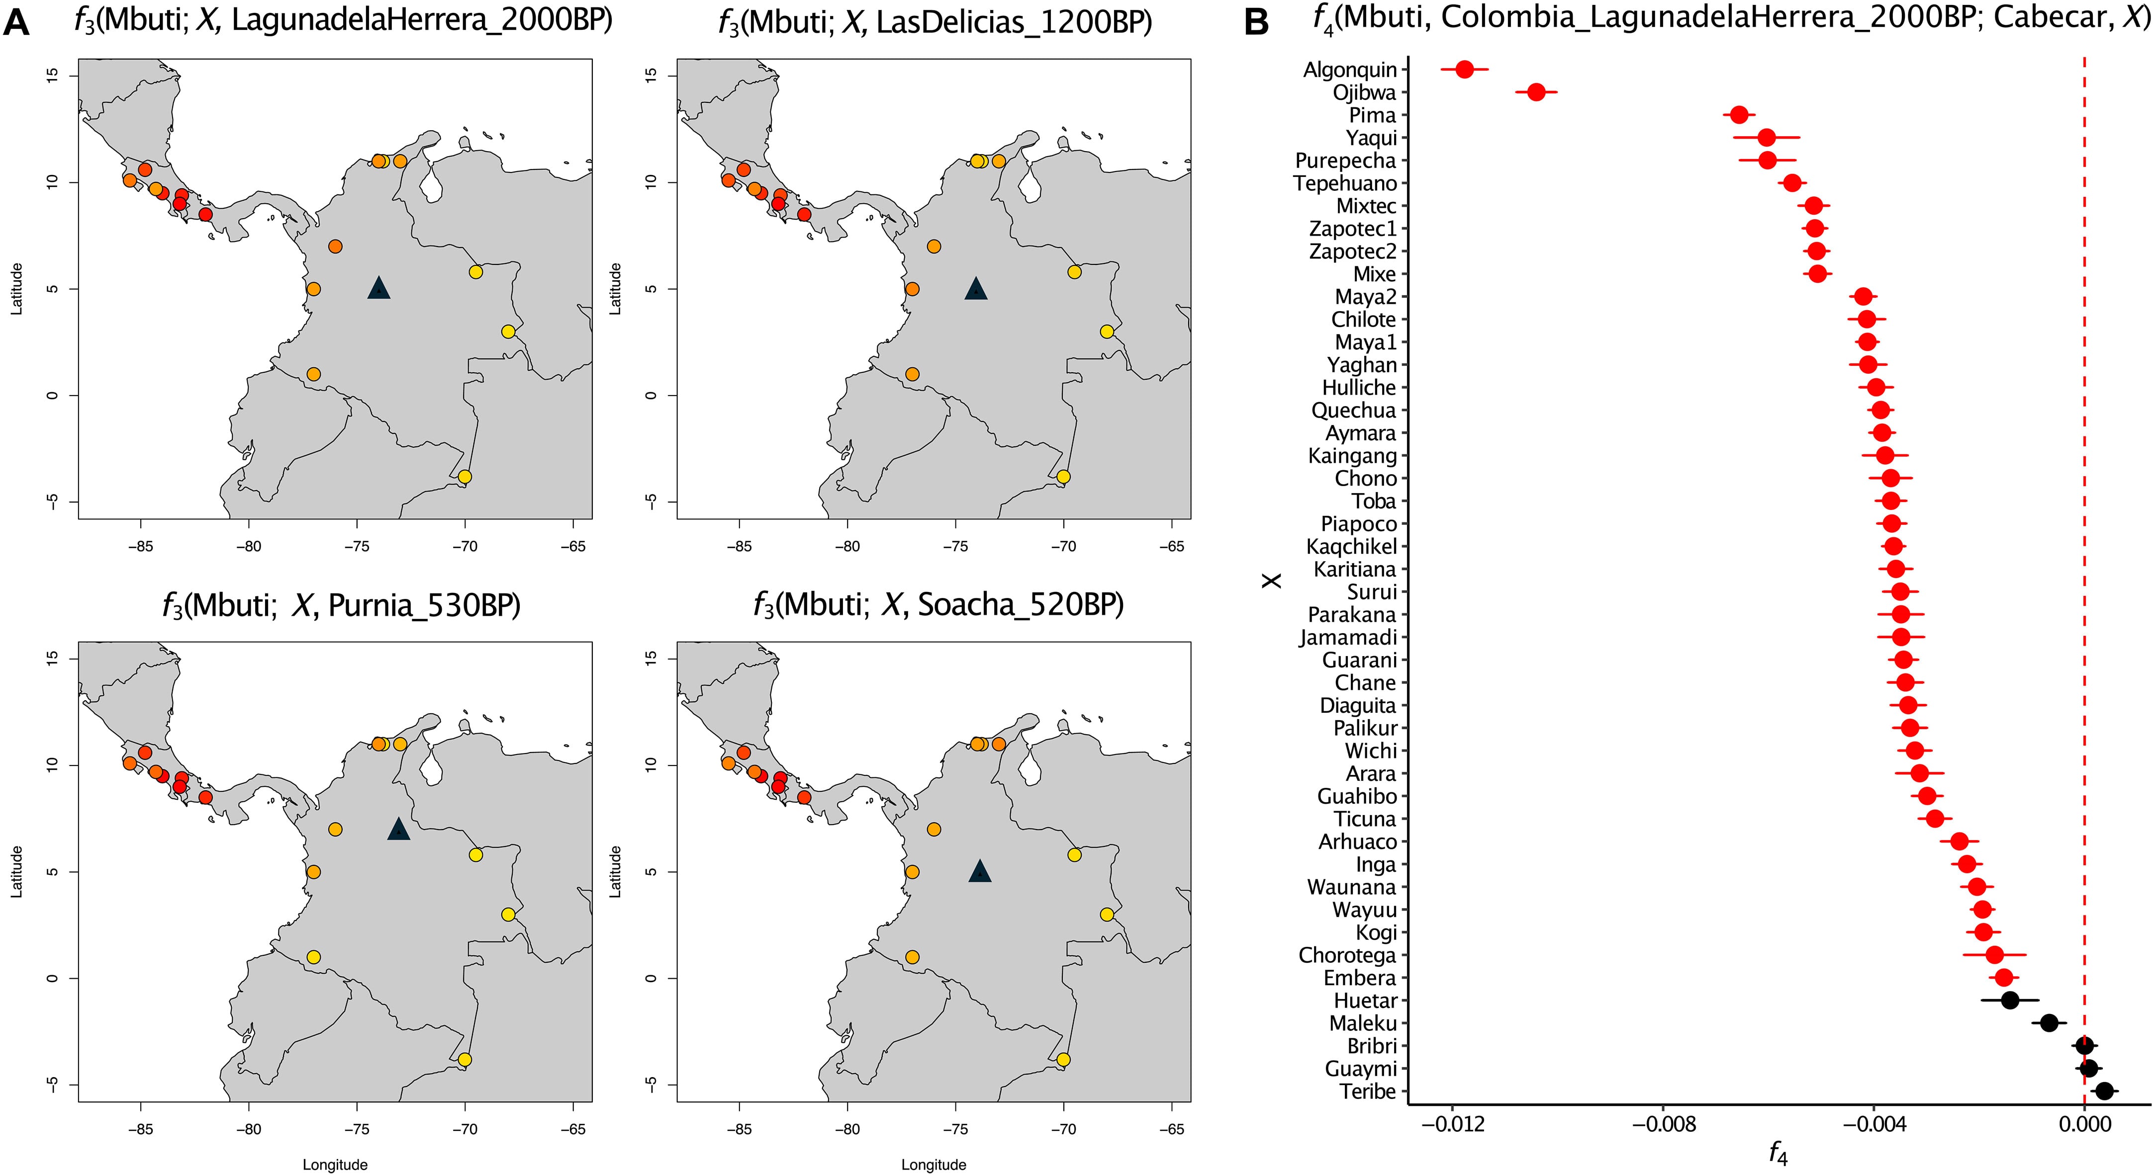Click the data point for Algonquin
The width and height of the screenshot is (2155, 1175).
click(1464, 70)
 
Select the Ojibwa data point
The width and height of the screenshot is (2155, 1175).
click(1536, 92)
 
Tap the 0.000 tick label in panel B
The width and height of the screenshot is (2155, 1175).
click(2084, 1123)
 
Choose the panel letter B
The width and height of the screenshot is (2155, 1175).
click(1256, 22)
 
